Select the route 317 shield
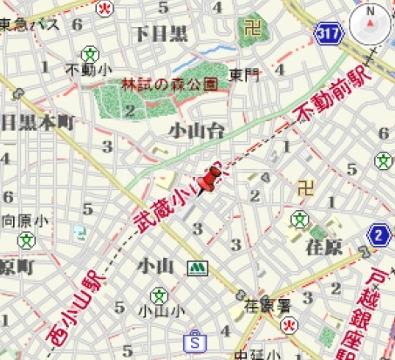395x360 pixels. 329,33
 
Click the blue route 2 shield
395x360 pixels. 379,235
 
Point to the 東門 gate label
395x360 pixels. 244,76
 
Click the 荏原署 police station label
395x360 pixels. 265,306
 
